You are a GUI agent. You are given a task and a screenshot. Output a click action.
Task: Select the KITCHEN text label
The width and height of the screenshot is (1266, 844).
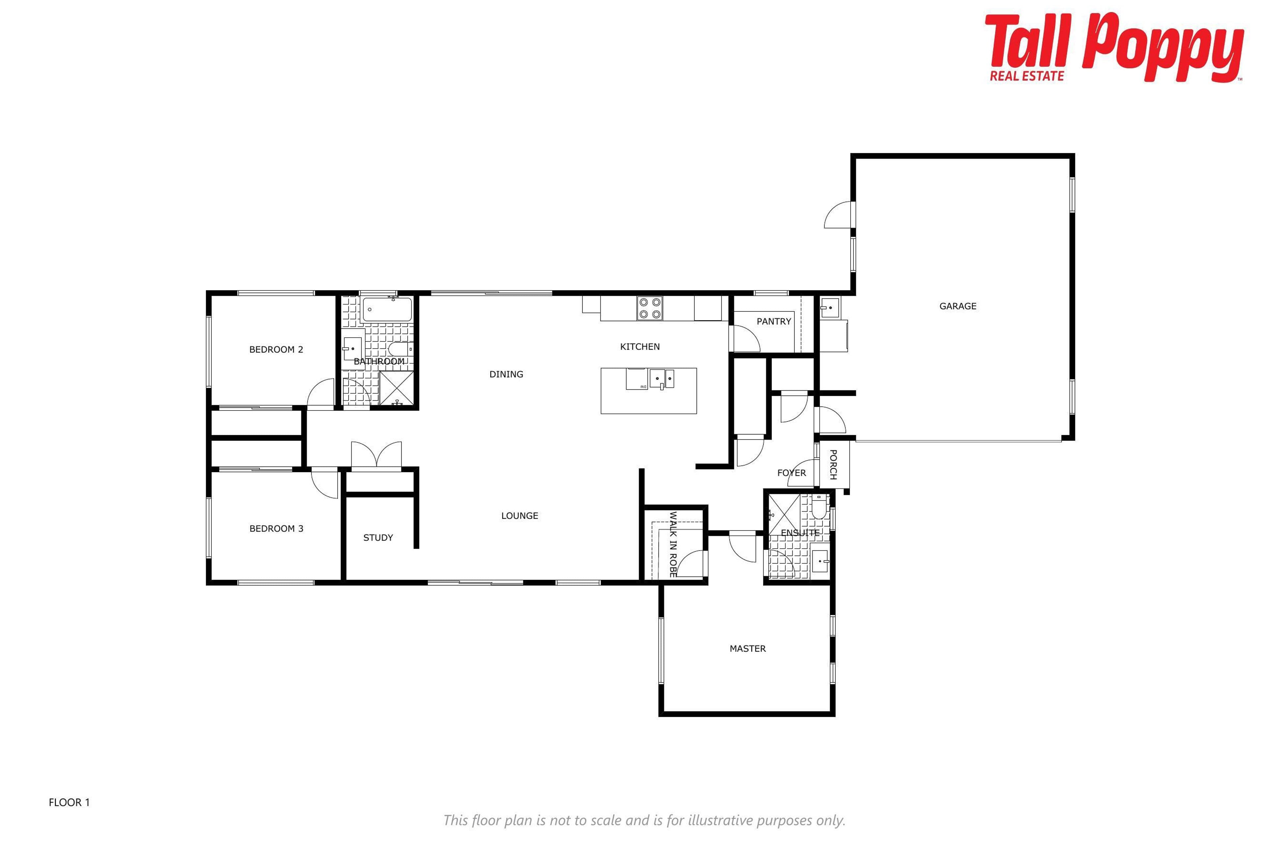click(x=640, y=347)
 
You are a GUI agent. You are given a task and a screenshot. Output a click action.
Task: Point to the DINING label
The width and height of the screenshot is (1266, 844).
click(x=506, y=374)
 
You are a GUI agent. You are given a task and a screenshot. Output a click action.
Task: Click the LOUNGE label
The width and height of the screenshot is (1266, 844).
click(x=520, y=516)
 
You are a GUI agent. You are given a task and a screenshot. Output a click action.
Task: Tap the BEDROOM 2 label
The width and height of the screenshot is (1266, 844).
click(x=276, y=350)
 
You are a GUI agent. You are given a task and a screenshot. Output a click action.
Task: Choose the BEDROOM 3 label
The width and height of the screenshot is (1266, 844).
click(x=276, y=528)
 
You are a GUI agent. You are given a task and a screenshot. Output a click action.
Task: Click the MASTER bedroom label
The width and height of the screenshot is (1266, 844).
click(x=748, y=648)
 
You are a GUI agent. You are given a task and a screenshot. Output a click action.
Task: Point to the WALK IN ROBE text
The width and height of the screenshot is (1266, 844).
click(x=673, y=544)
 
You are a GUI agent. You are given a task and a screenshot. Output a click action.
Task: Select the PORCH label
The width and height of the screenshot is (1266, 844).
click(x=833, y=465)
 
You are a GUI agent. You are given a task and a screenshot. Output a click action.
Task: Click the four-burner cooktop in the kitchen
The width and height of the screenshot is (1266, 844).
click(x=650, y=309)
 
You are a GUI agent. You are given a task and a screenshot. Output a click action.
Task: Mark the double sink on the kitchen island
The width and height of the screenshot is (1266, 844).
click(x=662, y=379)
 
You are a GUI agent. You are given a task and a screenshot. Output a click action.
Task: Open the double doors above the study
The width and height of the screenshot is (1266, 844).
click(x=376, y=455)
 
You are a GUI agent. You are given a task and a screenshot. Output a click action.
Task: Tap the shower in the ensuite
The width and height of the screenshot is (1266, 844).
click(x=784, y=515)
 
